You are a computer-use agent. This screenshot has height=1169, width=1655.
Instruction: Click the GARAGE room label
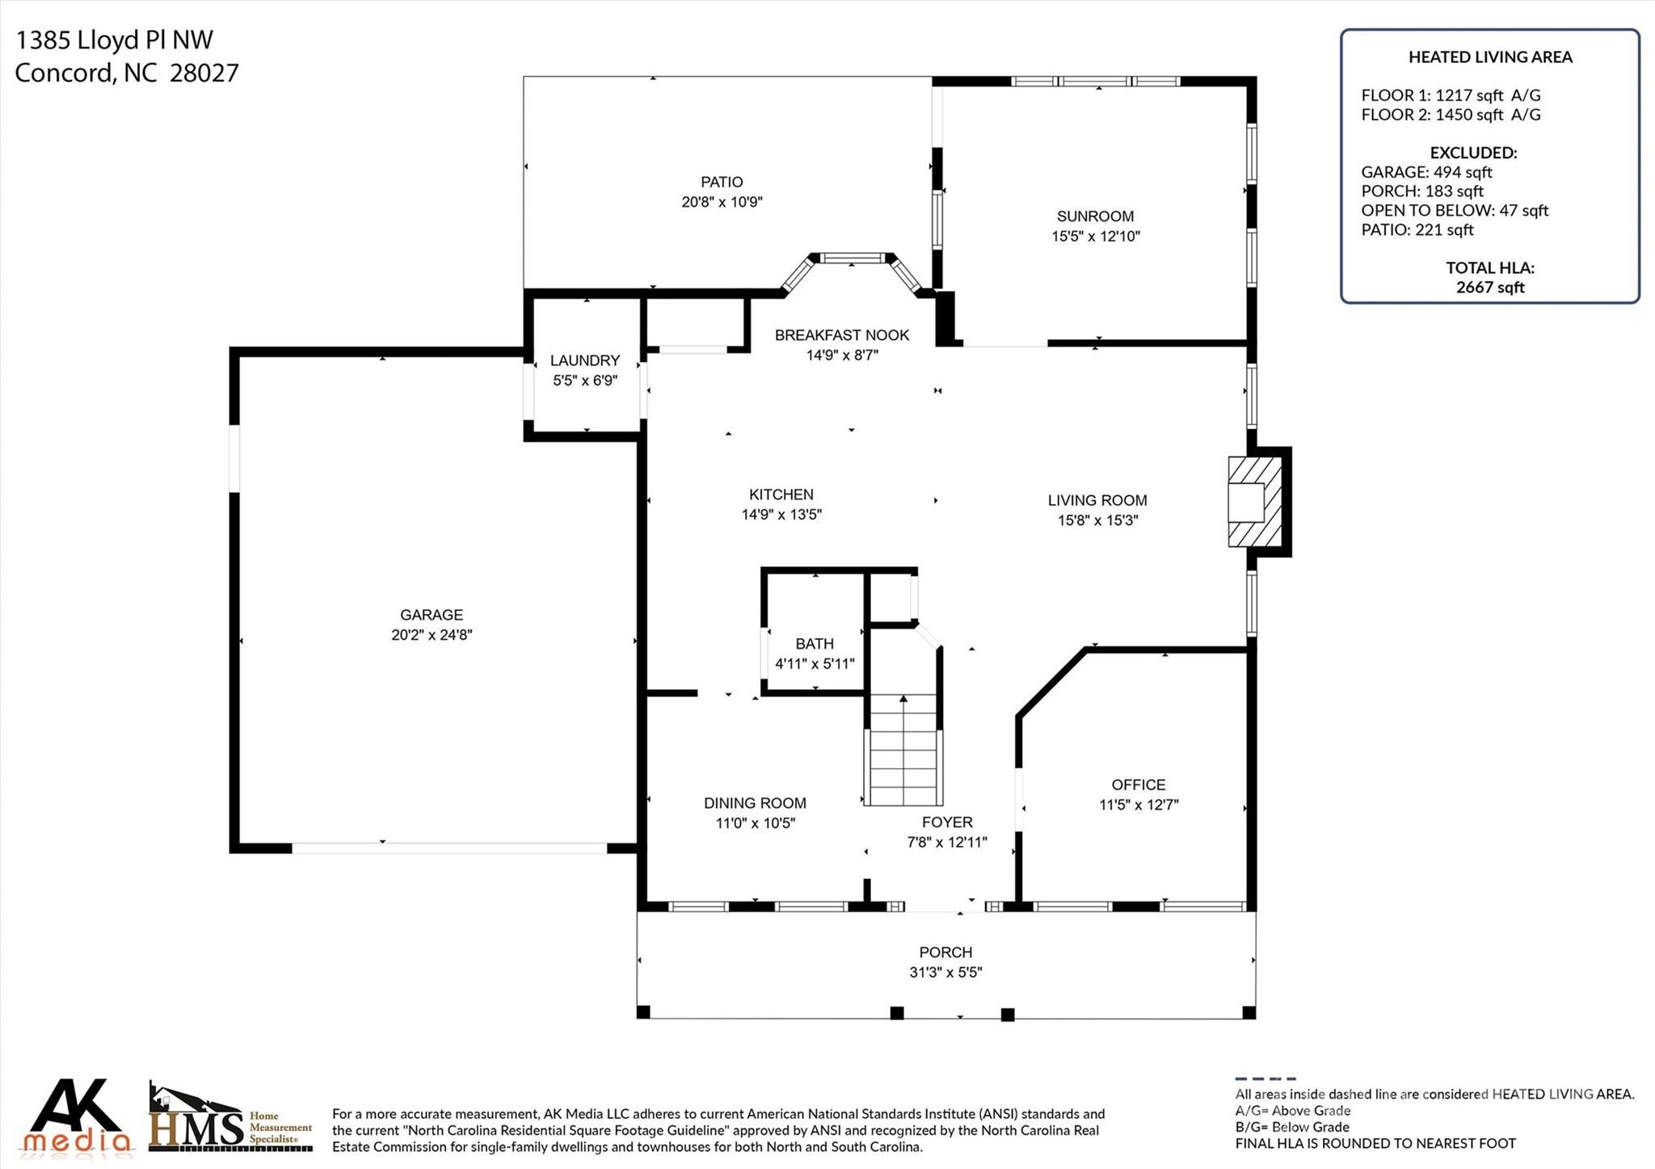click(x=432, y=615)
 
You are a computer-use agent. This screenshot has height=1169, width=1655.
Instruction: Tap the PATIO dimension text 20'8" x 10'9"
click(x=722, y=202)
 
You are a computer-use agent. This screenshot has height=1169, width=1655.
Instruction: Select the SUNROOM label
click(x=1095, y=217)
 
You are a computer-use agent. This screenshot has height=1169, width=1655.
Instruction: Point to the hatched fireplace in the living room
click(x=1255, y=502)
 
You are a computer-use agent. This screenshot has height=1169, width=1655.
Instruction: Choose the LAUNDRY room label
click(x=585, y=360)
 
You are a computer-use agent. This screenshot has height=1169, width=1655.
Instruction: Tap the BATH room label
click(x=815, y=644)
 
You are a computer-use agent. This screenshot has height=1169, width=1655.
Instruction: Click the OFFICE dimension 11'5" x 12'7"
click(x=1139, y=805)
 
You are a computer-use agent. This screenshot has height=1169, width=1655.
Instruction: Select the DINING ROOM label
click(x=755, y=803)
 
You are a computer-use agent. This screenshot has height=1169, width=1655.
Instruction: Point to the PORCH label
click(x=945, y=952)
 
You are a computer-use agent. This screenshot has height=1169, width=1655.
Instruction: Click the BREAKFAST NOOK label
click(x=842, y=335)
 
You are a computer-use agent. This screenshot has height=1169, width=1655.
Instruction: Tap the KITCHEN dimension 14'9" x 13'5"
click(x=781, y=515)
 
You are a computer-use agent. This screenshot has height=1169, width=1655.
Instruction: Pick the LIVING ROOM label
click(x=1097, y=501)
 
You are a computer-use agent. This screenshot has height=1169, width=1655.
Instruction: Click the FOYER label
click(x=947, y=822)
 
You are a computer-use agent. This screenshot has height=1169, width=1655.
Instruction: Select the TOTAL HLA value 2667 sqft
click(x=1490, y=288)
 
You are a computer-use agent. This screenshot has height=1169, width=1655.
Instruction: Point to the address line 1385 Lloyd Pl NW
click(x=114, y=40)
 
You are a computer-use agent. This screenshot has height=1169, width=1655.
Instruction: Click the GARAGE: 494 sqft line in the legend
click(x=1426, y=172)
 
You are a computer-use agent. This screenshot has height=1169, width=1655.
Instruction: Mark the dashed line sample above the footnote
click(x=1265, y=1079)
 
